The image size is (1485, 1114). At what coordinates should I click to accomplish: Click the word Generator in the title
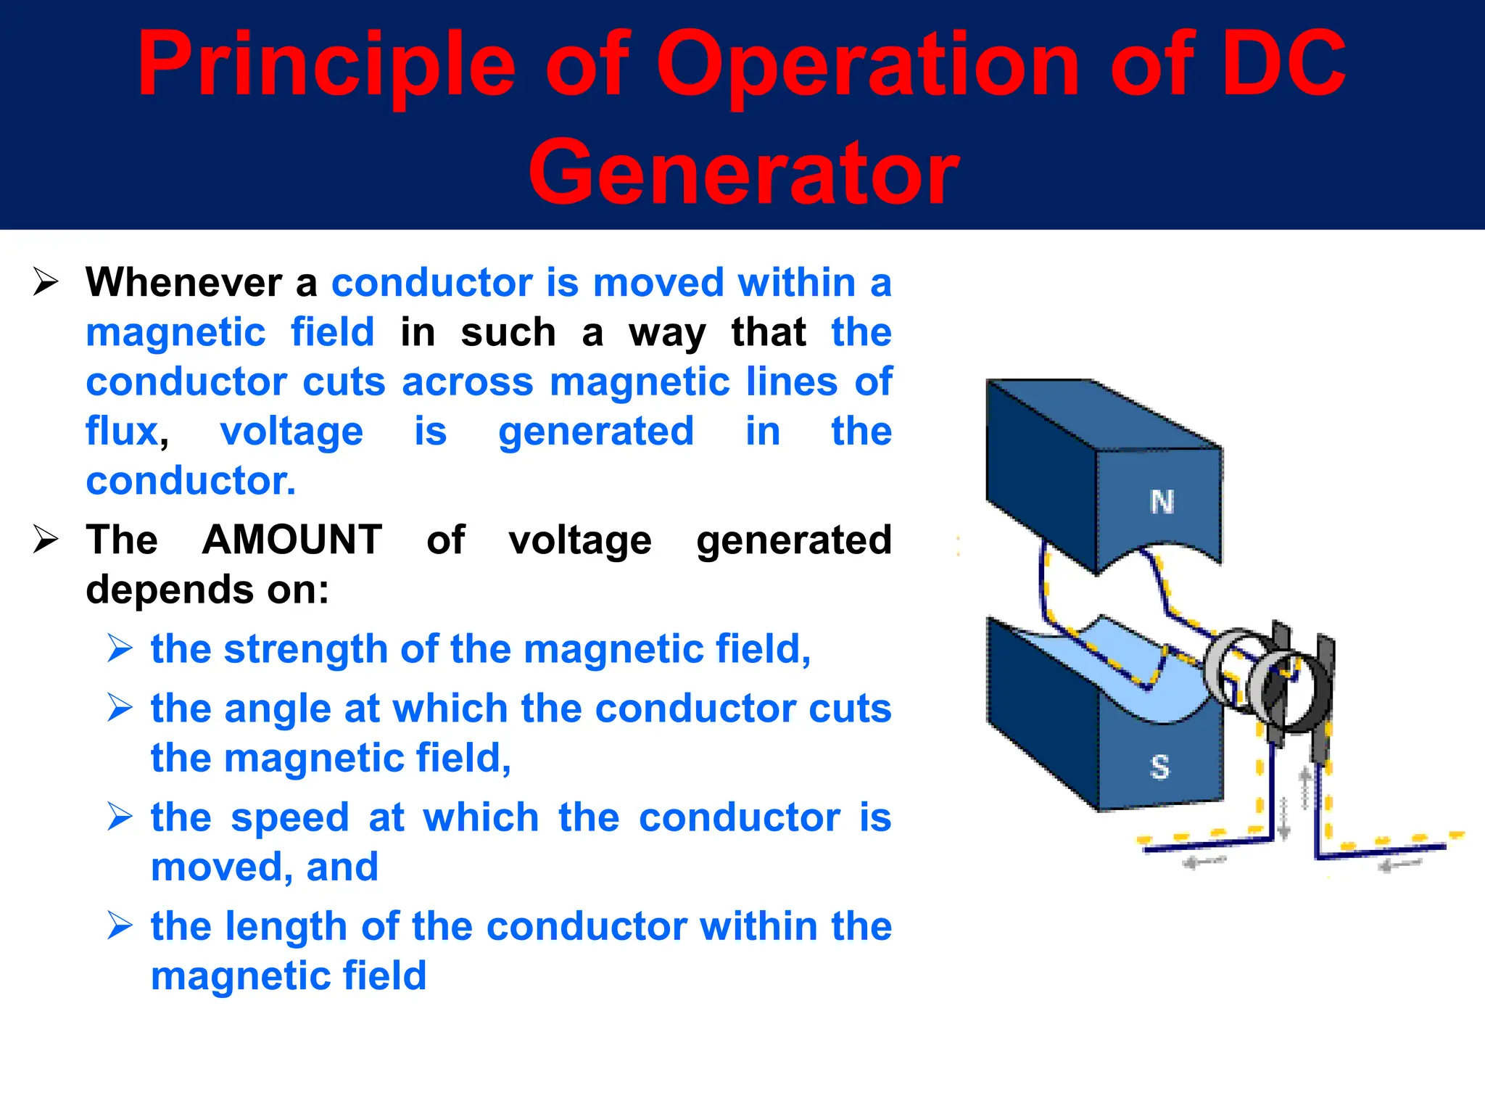[743, 173]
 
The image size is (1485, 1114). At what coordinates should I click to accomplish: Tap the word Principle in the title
[326, 65]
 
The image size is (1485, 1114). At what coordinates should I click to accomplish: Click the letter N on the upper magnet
[1162, 502]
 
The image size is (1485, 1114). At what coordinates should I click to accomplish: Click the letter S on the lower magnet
[1159, 767]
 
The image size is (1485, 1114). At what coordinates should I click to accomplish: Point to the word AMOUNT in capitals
[292, 540]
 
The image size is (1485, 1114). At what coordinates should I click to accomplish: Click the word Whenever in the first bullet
[183, 282]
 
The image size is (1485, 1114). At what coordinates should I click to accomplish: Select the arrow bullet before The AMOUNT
[46, 540]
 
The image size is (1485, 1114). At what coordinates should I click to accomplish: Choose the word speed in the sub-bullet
[290, 818]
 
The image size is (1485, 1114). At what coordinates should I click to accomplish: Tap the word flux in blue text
[122, 431]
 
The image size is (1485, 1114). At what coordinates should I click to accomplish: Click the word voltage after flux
[291, 432]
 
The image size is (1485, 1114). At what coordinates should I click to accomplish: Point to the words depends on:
[207, 590]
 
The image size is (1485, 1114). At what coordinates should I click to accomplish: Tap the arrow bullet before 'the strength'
[120, 648]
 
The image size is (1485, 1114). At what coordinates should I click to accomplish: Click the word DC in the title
[1283, 65]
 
